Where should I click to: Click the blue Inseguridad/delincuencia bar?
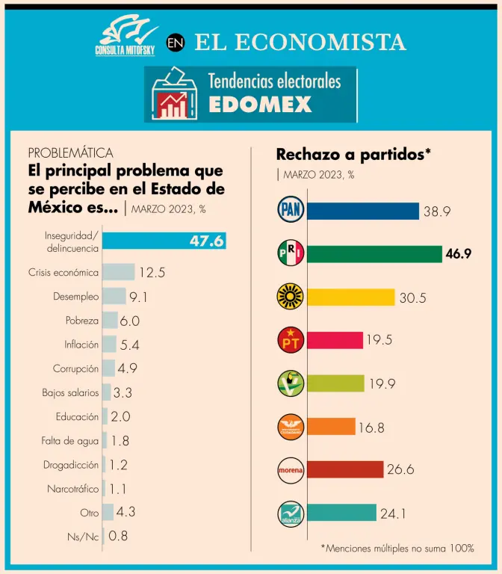click(x=164, y=241)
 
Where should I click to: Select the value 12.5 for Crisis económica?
click(x=152, y=272)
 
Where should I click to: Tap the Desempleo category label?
click(x=75, y=297)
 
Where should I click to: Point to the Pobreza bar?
click(x=110, y=321)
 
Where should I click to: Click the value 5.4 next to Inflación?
click(x=131, y=345)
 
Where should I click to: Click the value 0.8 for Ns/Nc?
click(x=118, y=535)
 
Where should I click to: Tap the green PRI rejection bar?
click(x=374, y=254)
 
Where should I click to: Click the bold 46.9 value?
click(x=459, y=254)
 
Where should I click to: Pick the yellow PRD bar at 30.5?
click(x=351, y=297)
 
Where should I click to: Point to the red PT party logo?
click(x=289, y=340)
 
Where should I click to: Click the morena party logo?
click(x=289, y=470)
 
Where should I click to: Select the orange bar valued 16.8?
click(x=331, y=427)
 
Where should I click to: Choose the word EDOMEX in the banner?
click(x=259, y=105)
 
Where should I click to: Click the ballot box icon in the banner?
click(x=171, y=95)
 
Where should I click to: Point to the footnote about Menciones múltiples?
click(x=397, y=548)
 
